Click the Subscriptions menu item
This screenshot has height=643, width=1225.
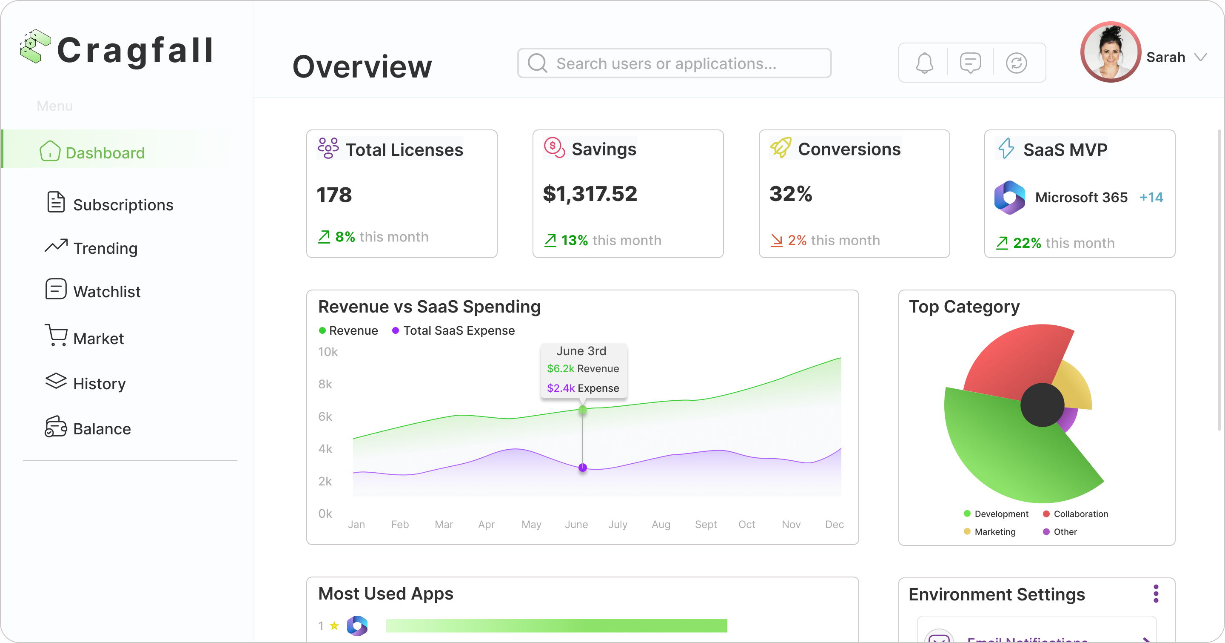click(x=122, y=205)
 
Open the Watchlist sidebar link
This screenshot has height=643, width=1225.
click(x=106, y=291)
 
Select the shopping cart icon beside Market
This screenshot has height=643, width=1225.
click(x=56, y=336)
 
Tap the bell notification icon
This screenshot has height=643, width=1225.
click(x=924, y=63)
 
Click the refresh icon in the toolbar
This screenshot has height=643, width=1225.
click(x=1016, y=63)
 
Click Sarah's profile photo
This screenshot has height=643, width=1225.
click(x=1111, y=52)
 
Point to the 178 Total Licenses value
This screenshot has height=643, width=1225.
click(x=334, y=195)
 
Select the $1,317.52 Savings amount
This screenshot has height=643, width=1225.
click(x=590, y=194)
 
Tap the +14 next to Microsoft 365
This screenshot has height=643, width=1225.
click(x=1151, y=197)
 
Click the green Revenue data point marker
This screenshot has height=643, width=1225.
click(x=583, y=410)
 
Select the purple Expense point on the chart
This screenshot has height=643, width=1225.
click(x=583, y=468)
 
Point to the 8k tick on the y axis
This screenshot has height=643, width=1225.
click(x=325, y=384)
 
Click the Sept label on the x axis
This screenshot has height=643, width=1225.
click(x=706, y=525)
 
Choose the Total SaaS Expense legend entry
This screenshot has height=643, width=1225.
click(x=454, y=330)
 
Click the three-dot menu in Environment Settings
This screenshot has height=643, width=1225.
click(x=1156, y=594)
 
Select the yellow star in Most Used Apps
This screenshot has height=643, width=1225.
click(x=334, y=626)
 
